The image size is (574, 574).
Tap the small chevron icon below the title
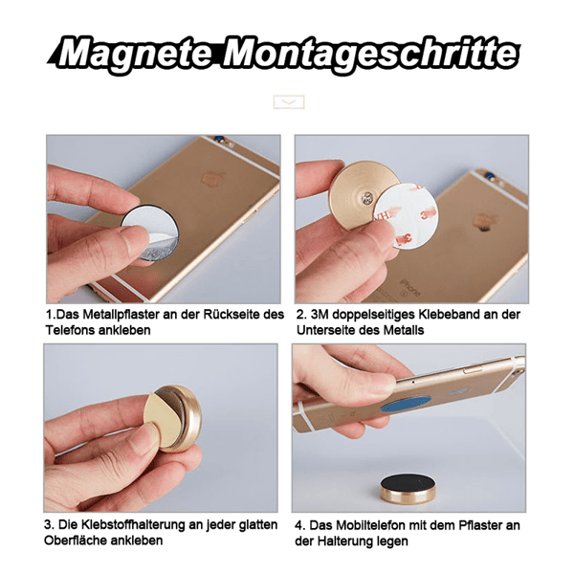[x=288, y=101]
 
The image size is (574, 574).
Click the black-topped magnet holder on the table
[x=408, y=487]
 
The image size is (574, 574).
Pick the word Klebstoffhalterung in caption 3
[x=125, y=525]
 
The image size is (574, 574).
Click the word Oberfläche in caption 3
[x=81, y=541]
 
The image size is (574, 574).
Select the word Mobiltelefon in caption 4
[x=364, y=525]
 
